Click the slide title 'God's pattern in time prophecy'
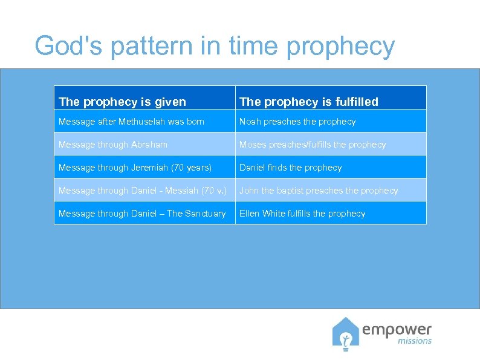(x=215, y=47)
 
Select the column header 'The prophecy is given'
(x=122, y=102)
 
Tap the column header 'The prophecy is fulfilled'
(x=308, y=102)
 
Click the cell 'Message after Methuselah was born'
(x=131, y=122)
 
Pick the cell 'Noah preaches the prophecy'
(x=297, y=122)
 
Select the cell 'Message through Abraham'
(x=113, y=145)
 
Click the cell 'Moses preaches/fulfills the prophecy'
(x=312, y=145)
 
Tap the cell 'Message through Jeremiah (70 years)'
(x=135, y=168)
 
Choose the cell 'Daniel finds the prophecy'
(x=290, y=168)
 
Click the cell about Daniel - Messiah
(x=143, y=191)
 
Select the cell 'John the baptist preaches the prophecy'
(x=319, y=191)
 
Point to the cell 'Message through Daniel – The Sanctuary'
(x=142, y=214)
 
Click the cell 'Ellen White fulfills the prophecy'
(x=302, y=214)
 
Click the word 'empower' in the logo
(x=397, y=330)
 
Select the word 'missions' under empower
(x=415, y=341)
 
